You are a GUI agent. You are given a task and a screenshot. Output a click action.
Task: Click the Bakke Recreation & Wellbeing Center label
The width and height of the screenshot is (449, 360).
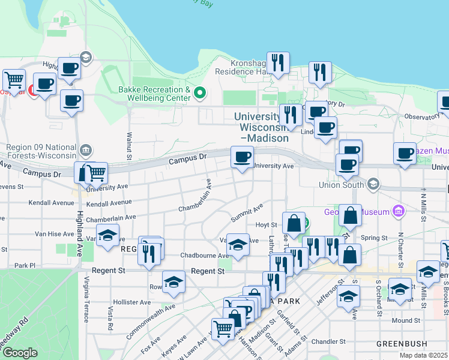[154, 94]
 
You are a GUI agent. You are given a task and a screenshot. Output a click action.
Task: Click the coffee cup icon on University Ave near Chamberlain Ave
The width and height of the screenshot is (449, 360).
[243, 158]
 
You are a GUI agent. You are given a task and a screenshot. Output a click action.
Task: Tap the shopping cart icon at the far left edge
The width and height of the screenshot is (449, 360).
[13, 79]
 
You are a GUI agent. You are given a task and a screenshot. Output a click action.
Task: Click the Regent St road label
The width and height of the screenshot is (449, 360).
[208, 272]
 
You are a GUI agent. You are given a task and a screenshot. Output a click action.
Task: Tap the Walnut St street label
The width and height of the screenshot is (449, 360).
[129, 145]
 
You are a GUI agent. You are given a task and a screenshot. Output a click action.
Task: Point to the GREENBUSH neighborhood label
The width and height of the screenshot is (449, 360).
[402, 344]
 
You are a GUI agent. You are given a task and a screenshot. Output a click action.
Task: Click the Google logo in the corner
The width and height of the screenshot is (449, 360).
[20, 353]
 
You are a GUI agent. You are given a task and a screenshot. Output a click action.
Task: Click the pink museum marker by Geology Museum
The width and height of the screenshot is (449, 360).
[397, 211]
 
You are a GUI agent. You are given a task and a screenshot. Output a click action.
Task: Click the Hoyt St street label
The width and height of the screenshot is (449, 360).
[262, 225]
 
